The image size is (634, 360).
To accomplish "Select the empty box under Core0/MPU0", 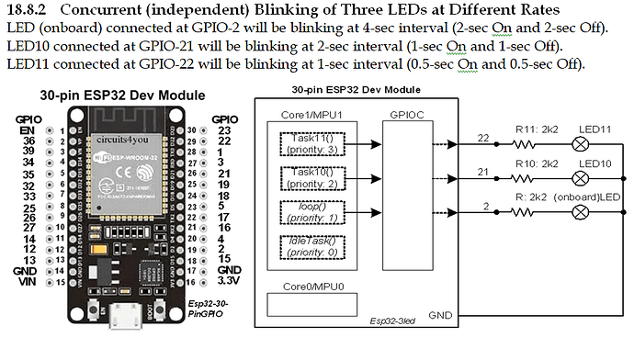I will (308, 305).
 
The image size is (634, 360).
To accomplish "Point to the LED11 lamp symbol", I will (580, 143).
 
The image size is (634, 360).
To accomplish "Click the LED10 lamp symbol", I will (580, 177).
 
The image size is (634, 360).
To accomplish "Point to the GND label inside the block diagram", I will (440, 315).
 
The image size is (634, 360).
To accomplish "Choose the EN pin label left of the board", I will (25, 131).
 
